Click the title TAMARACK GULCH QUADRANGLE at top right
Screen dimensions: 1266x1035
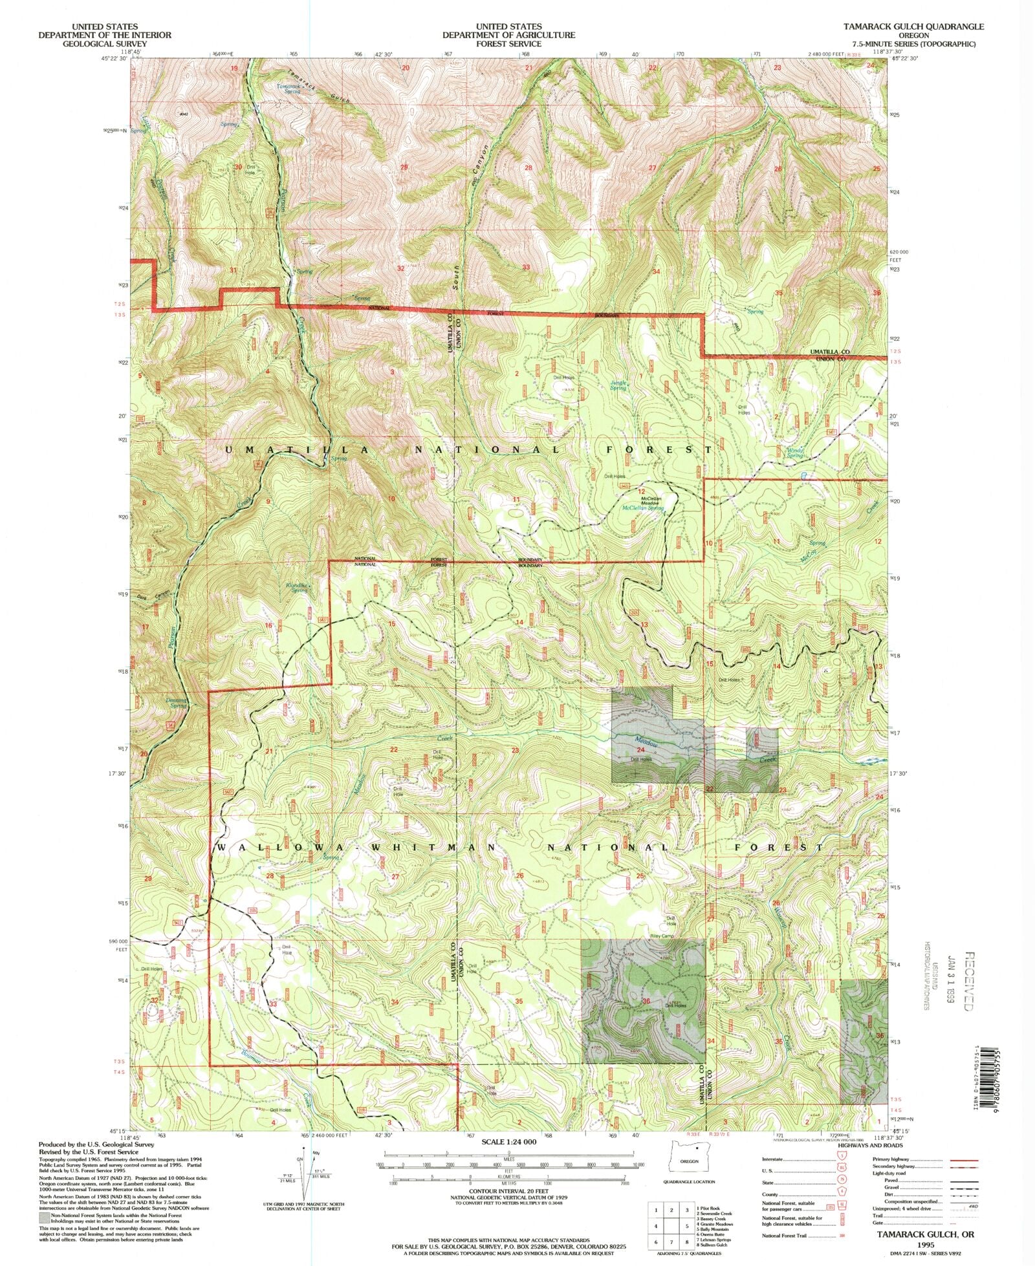913,27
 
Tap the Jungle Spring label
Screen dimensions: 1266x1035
618,385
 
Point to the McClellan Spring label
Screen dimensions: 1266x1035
642,508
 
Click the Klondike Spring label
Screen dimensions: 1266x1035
297,587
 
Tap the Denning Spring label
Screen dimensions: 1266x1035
175,702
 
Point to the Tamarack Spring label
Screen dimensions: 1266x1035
289,89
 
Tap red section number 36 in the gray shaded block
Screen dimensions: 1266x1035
646,1001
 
